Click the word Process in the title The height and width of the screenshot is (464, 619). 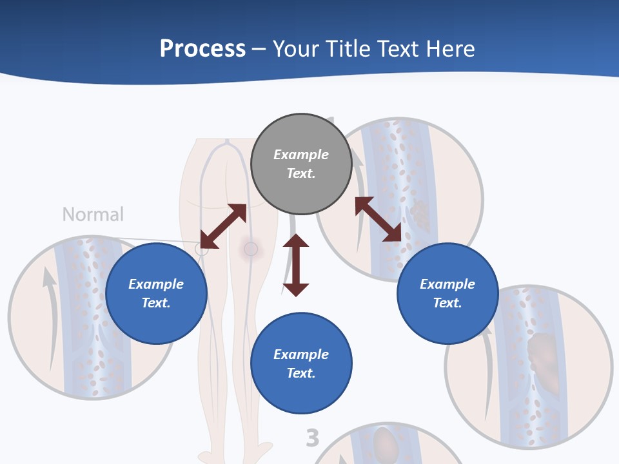coord(202,49)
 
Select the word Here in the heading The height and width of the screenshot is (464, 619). coord(449,49)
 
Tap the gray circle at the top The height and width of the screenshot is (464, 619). coord(301,164)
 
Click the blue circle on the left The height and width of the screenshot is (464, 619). coord(156,293)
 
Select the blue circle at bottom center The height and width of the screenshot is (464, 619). coord(301,363)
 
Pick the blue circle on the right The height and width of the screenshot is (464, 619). coord(447,293)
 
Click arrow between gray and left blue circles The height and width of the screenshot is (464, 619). coord(223,226)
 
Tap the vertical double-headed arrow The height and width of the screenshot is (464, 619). coord(296,265)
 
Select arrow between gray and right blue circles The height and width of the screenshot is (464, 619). coord(378,219)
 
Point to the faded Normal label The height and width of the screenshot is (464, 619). coord(93,214)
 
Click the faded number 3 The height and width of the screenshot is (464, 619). coord(312,438)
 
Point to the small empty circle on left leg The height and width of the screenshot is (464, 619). coord(202,249)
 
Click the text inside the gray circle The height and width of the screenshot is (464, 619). coord(301,164)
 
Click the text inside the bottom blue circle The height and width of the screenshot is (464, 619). coord(301,363)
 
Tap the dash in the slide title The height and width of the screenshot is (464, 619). coord(259,49)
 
